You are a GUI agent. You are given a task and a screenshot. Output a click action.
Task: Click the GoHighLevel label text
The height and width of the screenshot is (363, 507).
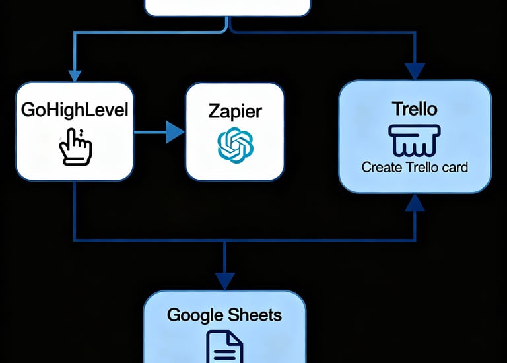point(75,110)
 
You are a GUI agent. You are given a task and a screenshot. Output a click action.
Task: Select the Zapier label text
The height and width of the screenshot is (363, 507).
point(235,110)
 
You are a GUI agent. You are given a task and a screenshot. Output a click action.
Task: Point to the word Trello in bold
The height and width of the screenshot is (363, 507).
point(415,108)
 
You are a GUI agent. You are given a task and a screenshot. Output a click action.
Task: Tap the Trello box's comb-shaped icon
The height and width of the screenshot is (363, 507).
point(415,139)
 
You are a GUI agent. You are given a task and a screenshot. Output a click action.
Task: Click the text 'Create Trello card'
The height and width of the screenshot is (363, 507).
point(415,167)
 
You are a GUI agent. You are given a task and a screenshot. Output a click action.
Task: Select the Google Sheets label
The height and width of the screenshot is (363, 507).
point(224,314)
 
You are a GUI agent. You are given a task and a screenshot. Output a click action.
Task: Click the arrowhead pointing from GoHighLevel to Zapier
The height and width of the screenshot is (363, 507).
point(175,132)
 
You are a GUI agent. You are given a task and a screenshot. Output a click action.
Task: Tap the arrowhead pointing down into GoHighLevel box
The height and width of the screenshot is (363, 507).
point(75,74)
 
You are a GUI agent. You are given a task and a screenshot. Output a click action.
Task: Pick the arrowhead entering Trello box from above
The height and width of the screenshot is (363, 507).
point(415,71)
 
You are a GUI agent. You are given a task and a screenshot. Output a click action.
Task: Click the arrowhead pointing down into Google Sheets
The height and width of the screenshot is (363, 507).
point(224,280)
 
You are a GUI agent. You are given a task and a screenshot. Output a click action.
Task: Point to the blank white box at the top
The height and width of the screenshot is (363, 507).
point(227,7)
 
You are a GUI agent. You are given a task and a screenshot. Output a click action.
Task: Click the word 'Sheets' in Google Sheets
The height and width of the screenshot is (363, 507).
point(254,314)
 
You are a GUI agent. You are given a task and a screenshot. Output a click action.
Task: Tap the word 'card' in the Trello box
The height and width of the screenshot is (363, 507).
point(454,167)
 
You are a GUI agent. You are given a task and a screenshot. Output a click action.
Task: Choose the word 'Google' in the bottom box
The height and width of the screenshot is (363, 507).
point(195,315)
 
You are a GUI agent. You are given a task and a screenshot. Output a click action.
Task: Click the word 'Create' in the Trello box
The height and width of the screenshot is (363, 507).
point(380,167)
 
